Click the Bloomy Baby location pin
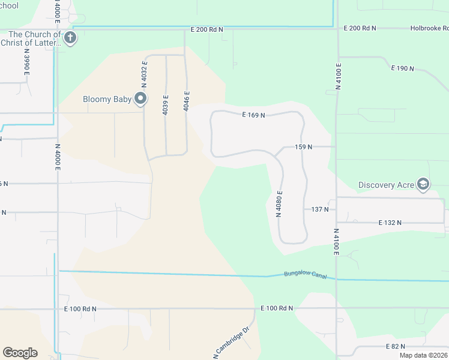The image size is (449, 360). pos(142,98)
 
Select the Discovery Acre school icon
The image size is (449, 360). pos(424,184)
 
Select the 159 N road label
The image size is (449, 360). pos(304,146)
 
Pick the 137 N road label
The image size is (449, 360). pos(320,209)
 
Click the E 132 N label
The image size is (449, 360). pos(390,223)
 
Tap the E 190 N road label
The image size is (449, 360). pos(403,68)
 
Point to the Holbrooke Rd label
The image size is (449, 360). pos(429,28)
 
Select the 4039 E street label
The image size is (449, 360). pos(166,104)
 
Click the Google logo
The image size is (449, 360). pos(20,353)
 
